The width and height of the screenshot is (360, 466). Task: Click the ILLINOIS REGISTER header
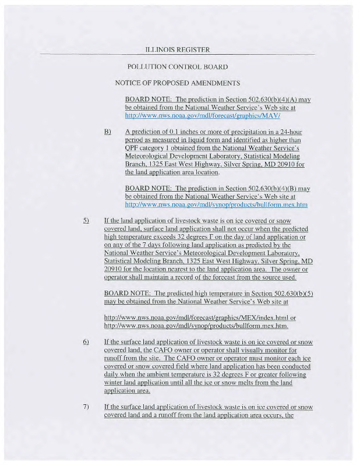(x=178, y=50)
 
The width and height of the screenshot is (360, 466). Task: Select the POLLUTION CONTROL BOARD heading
(x=177, y=67)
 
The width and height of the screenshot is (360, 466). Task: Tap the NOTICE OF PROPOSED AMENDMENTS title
(x=178, y=83)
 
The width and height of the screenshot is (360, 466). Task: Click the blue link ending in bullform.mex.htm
(x=216, y=205)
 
